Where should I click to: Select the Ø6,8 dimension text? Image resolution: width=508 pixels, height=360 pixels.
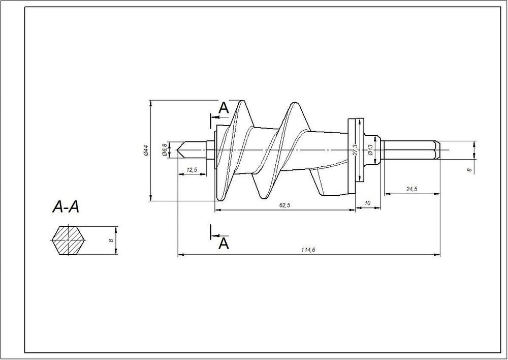coord(165,150)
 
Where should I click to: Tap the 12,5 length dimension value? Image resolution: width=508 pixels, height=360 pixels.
coord(192,170)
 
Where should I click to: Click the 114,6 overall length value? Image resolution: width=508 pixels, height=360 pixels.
coord(308,250)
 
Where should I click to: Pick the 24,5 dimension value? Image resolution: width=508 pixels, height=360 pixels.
coord(412,189)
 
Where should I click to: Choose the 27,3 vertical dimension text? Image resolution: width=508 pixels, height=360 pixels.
coord(356,150)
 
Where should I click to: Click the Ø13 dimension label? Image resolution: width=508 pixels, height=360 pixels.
coord(370,150)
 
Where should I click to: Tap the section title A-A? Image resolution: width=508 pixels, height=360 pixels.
coord(66,207)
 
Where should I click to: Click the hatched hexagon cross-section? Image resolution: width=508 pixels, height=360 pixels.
coord(69,240)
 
